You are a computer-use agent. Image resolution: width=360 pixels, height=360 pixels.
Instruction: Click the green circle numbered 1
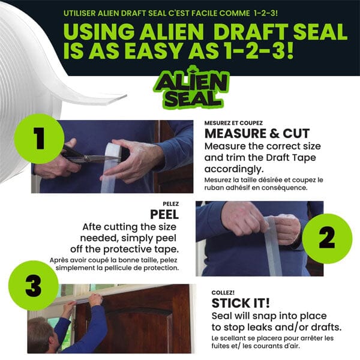(38, 139)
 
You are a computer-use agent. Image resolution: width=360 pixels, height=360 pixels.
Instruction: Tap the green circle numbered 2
(326, 238)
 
